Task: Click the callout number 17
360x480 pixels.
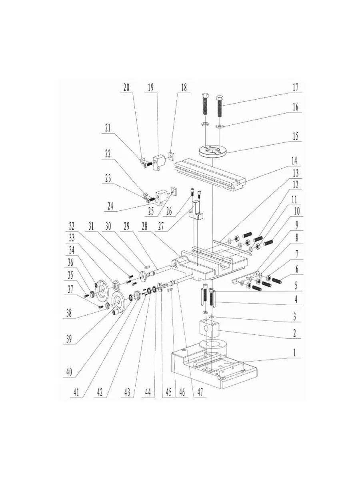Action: [x=295, y=87]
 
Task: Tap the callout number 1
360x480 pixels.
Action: [x=295, y=354]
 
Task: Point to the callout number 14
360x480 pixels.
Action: [x=295, y=162]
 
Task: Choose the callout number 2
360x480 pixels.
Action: [x=295, y=332]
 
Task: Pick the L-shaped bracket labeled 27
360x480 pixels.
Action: [x=197, y=210]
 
